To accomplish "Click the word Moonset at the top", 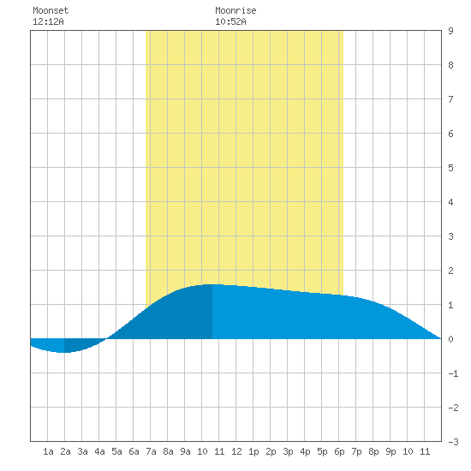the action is point(51,10).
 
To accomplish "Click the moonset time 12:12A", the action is point(48,21).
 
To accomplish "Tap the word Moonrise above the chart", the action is point(235,10).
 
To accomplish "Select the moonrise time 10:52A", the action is point(230,21).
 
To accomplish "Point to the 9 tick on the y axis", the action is point(450,31).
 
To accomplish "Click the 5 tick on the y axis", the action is point(450,168).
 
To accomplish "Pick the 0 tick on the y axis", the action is point(450,339).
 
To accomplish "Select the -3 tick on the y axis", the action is point(453,442).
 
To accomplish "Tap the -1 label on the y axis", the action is point(453,373).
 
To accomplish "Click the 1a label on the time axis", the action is point(48,451).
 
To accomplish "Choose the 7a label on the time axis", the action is point(151,451).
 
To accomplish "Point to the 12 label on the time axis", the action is point(236,451).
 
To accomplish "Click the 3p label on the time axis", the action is point(288,451).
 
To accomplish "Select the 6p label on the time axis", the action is point(339,451).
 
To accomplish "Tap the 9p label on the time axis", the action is point(391,451).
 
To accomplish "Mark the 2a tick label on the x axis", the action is point(65,451).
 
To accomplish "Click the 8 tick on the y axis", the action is point(450,65).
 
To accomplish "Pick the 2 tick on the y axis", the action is point(450,271).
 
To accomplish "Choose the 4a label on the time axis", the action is point(99,451).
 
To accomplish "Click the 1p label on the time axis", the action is point(253,451).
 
